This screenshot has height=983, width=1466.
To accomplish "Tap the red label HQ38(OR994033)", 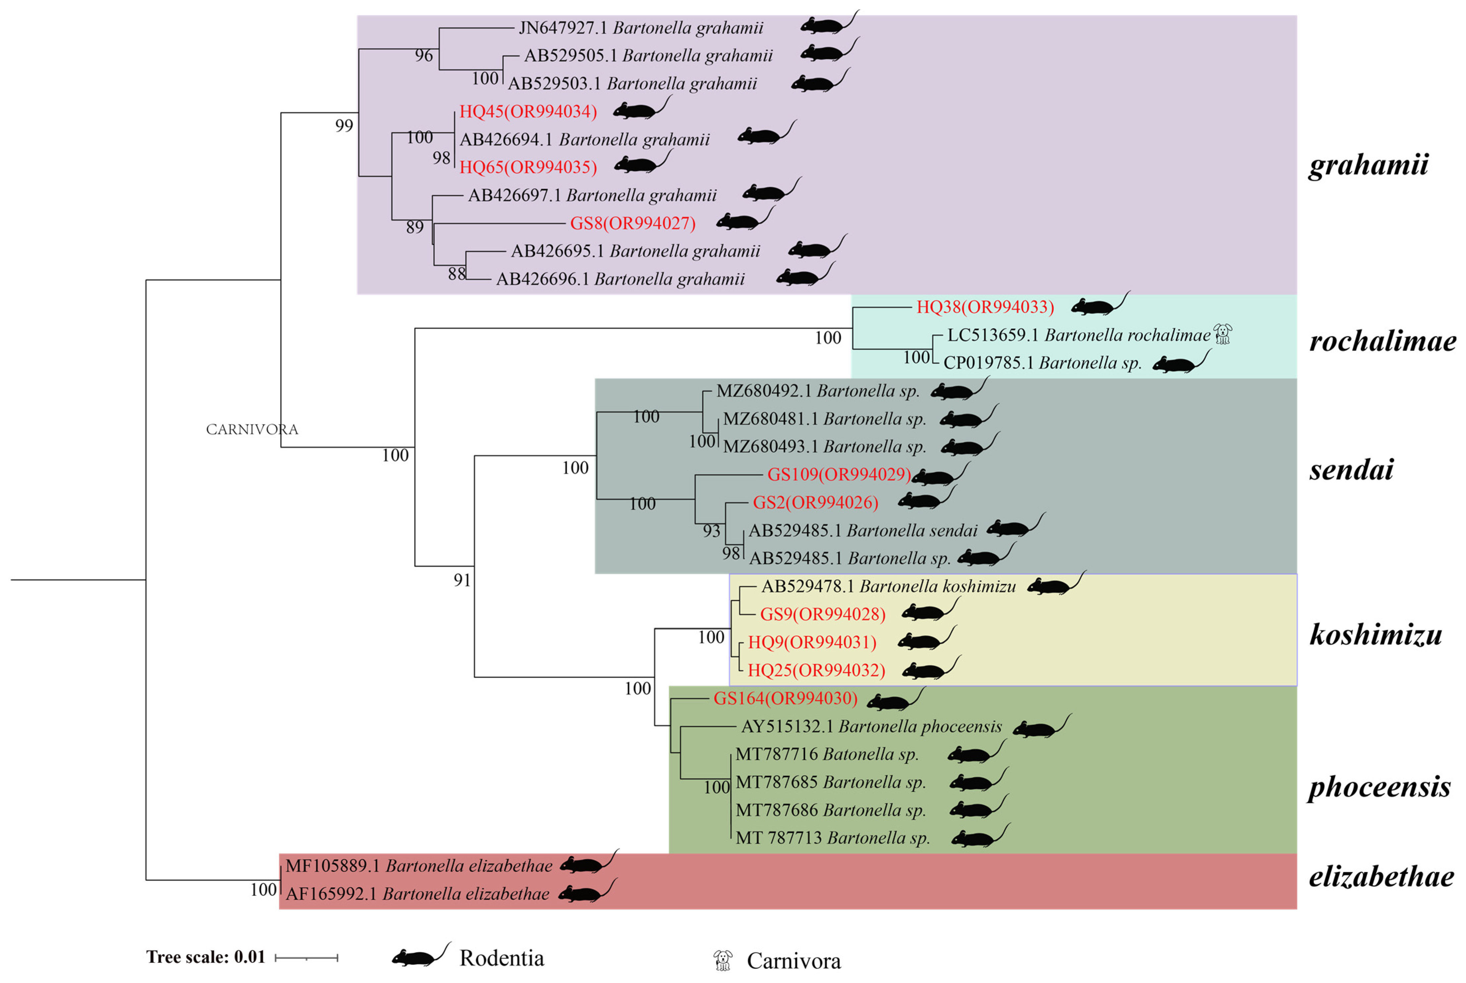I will point(985,307).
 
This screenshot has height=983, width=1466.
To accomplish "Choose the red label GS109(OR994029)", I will point(839,474).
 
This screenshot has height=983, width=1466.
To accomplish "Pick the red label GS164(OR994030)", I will point(785,698).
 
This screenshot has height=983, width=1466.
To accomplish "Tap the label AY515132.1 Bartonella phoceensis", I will point(871,727).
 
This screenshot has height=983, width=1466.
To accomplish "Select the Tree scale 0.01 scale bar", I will point(306,957).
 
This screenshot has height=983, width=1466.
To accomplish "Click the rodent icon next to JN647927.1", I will point(828,24).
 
